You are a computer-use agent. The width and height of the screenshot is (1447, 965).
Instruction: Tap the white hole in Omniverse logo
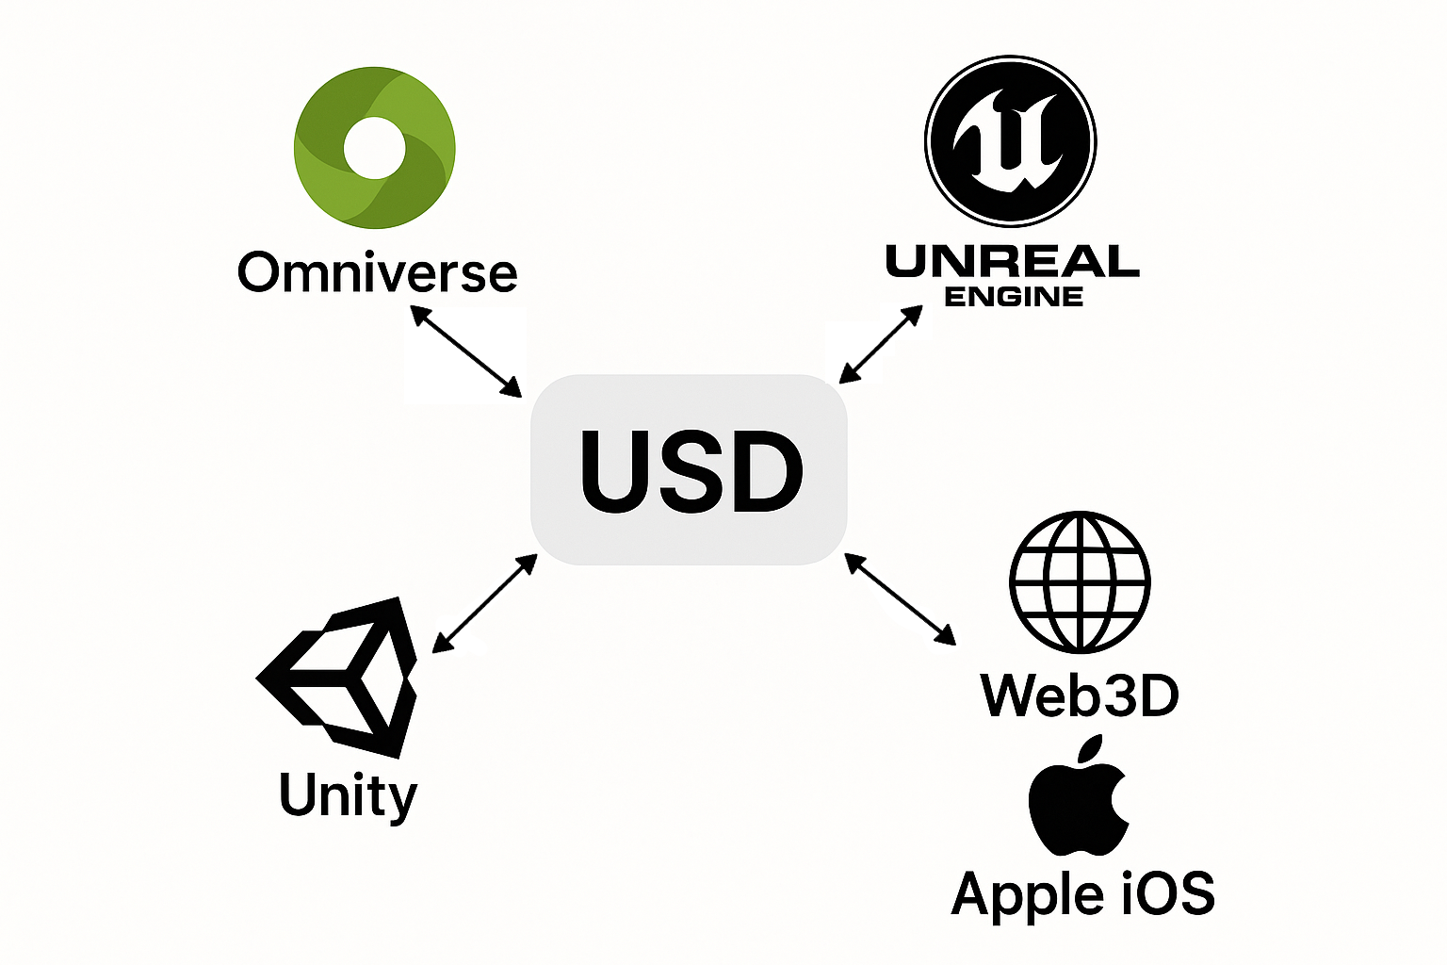point(374,148)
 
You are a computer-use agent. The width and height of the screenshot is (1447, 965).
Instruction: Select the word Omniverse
point(377,272)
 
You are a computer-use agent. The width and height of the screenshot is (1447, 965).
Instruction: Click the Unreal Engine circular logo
point(1010,141)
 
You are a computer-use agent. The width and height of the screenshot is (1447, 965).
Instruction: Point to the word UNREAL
point(1013,261)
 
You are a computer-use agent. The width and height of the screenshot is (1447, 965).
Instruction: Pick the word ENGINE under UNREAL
point(1013,297)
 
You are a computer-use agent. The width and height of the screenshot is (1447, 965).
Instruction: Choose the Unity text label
point(348,795)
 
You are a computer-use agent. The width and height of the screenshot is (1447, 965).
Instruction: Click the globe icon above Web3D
point(1080,582)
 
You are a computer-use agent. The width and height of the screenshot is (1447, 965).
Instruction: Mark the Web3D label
point(1080,695)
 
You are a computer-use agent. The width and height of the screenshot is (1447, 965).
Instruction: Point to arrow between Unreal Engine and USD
point(881,344)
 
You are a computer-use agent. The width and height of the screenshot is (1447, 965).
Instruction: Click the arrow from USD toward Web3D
point(900,599)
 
